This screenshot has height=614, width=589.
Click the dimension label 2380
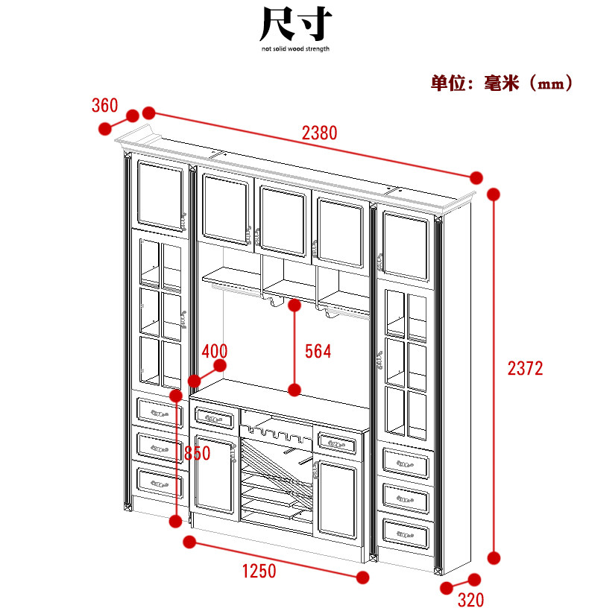320,133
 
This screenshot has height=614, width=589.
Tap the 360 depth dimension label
104,105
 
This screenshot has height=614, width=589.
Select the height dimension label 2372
525,367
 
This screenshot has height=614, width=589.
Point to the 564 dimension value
318,351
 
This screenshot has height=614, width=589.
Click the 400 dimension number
214,351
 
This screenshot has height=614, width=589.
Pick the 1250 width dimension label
259,572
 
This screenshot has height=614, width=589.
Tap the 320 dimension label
470,600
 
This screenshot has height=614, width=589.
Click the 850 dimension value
197,453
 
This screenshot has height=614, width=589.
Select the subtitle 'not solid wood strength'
295,49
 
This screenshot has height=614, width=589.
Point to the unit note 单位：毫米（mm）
502,83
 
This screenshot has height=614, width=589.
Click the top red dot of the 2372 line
493,194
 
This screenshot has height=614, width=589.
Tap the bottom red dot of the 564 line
294,390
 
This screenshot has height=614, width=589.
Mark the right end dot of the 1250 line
362,577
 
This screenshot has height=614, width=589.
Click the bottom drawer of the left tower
159,484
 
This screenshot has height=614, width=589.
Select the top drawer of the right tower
406,463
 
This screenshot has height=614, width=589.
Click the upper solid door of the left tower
160,195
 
